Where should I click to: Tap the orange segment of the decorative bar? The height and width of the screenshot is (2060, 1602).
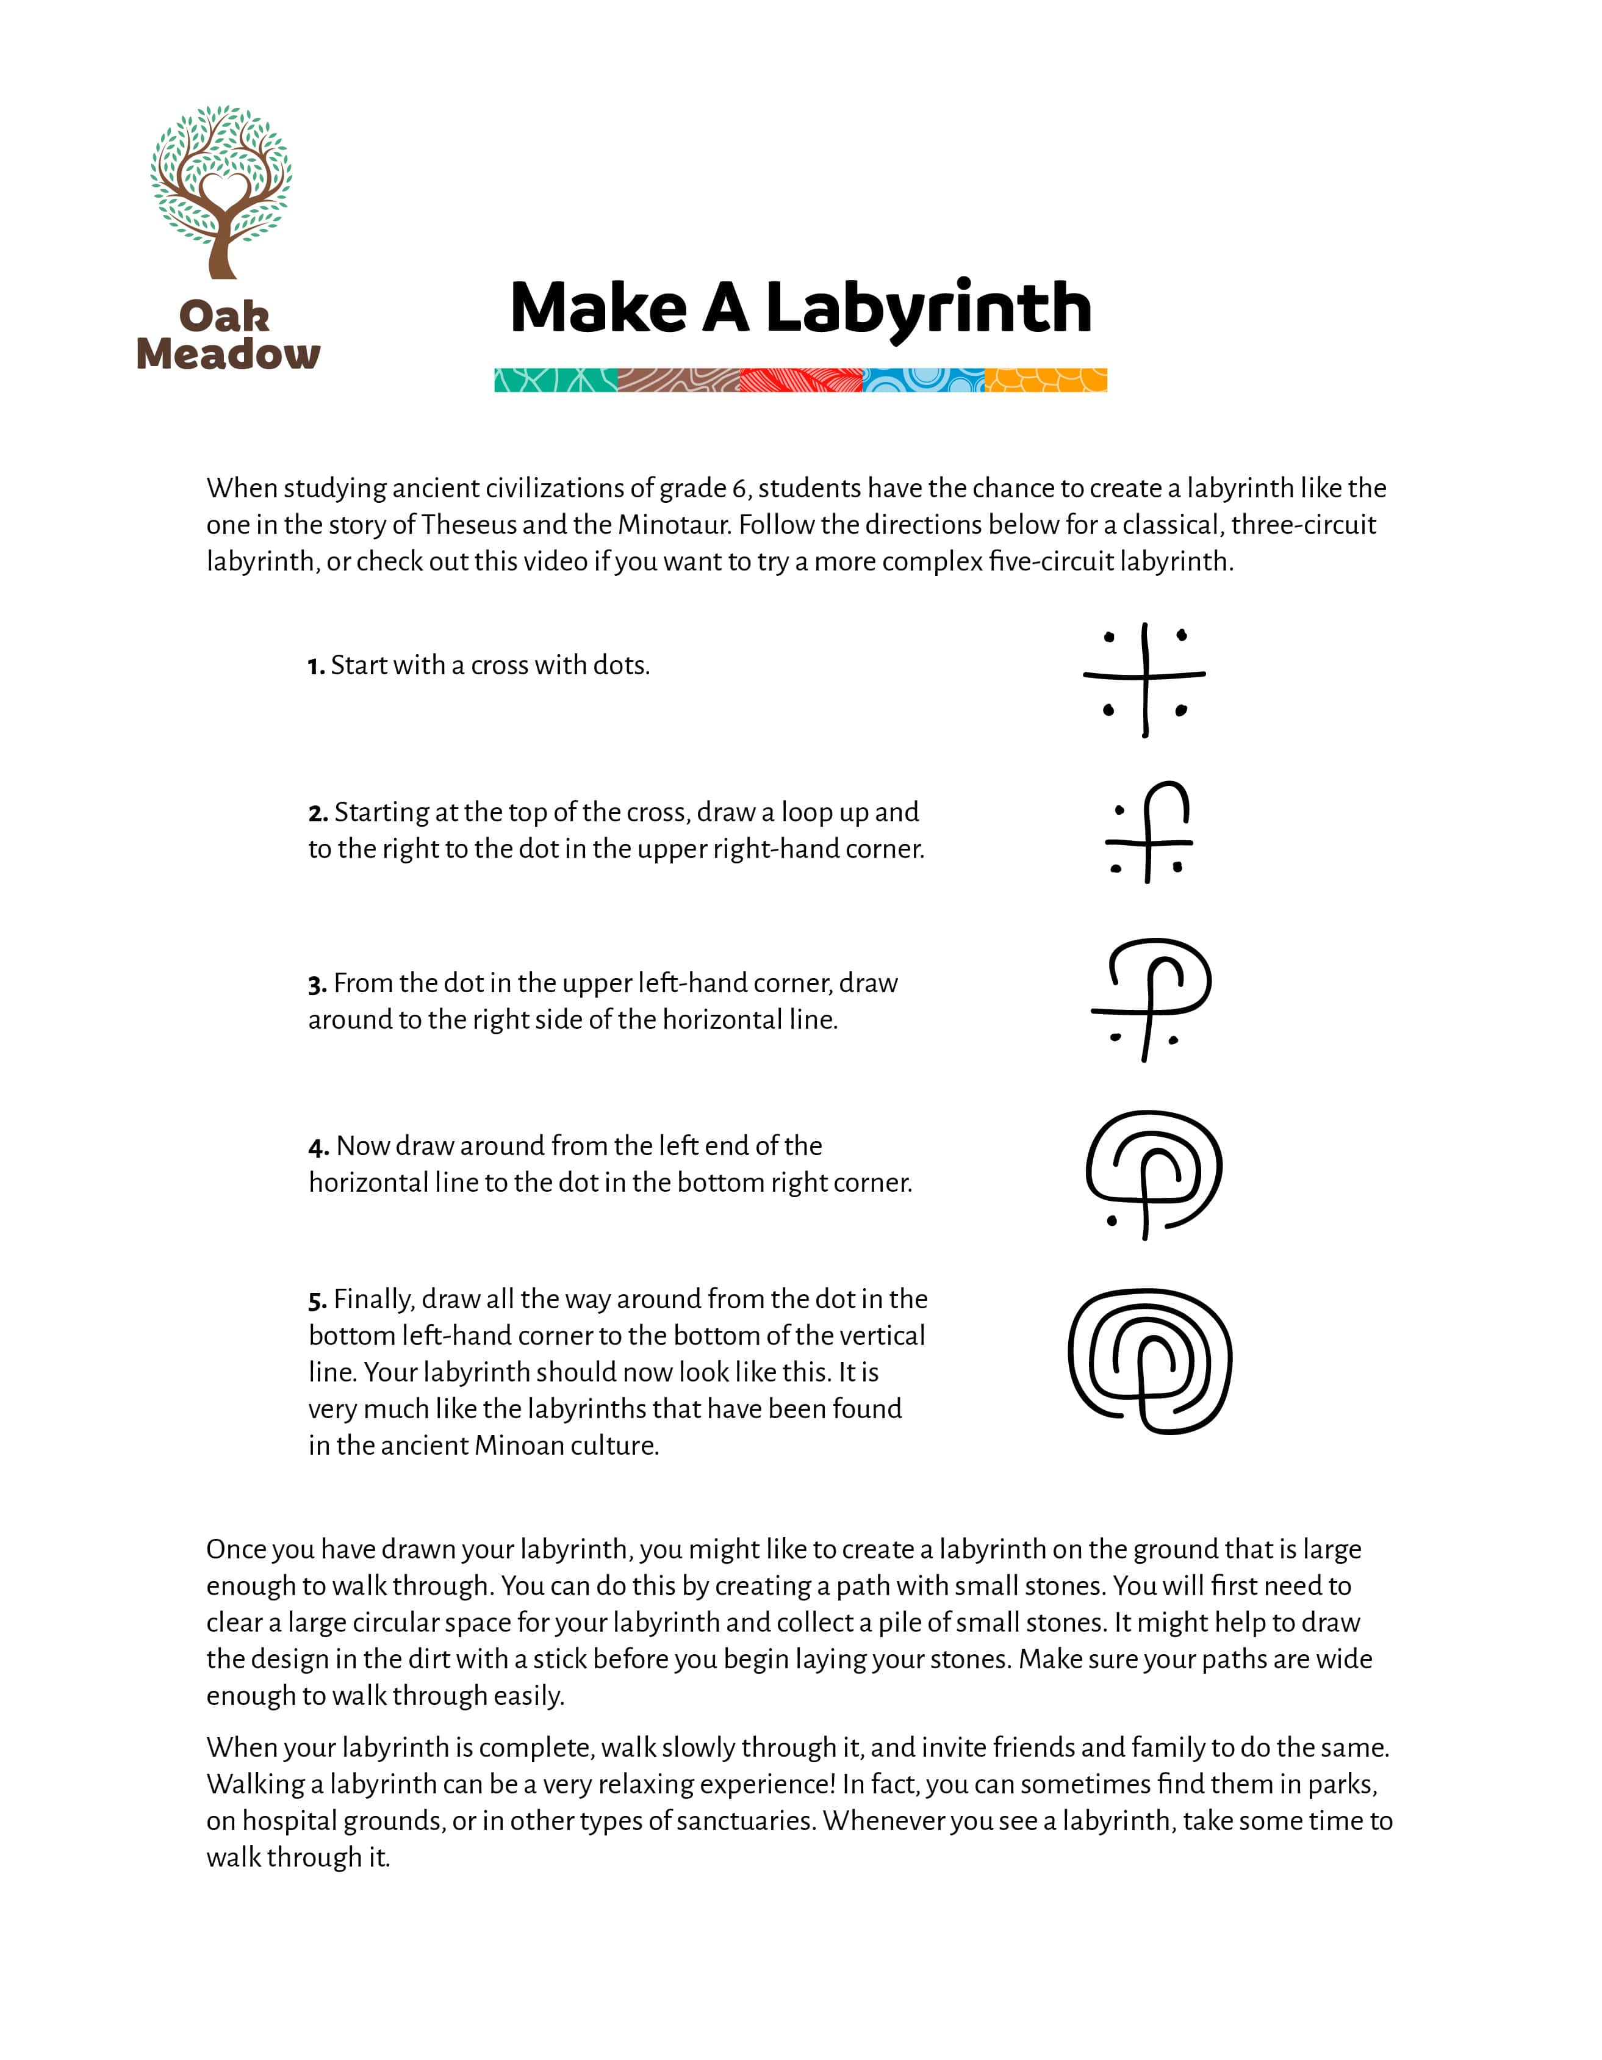(x=1046, y=380)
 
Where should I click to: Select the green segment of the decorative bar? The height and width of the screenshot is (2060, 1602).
(x=555, y=380)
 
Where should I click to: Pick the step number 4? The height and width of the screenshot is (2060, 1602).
(x=317, y=1148)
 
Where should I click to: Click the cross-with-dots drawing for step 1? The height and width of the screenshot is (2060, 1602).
(x=1144, y=679)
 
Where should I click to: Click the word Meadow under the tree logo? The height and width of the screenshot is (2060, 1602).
(x=228, y=355)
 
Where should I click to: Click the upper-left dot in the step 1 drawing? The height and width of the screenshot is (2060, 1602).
(x=1109, y=638)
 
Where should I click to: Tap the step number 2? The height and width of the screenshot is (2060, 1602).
(x=317, y=814)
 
